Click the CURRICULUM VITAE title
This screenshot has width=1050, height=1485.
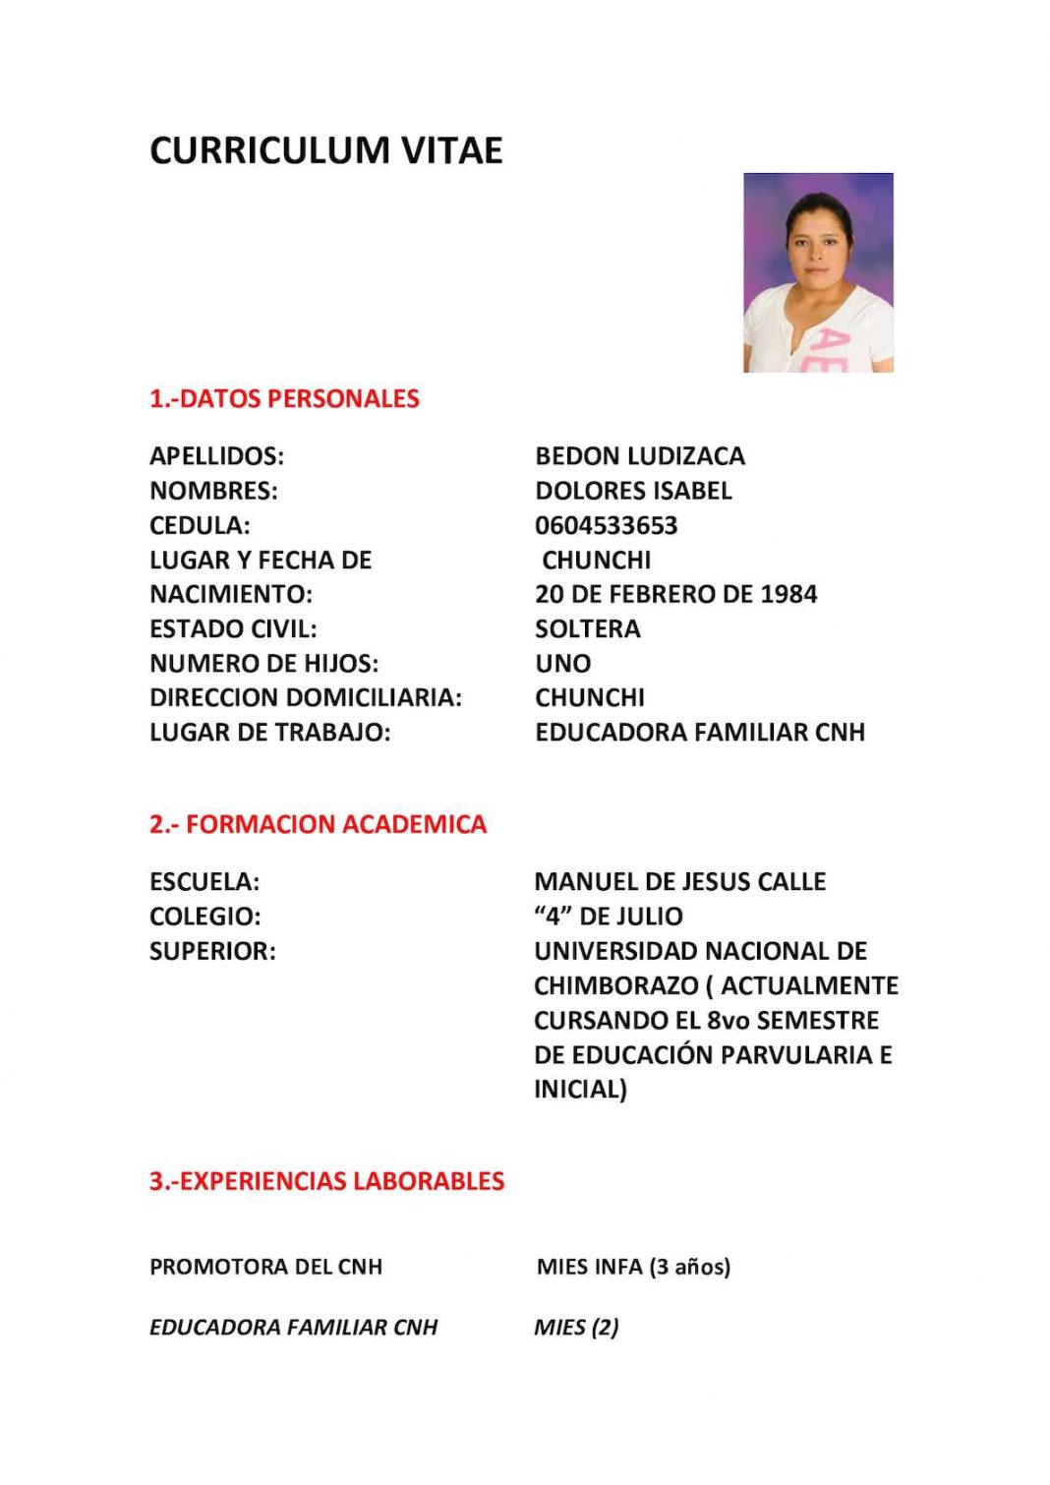(325, 150)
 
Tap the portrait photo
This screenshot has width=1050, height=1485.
(818, 272)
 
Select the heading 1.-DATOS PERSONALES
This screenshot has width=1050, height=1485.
(284, 398)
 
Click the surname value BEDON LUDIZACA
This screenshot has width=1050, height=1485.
(640, 456)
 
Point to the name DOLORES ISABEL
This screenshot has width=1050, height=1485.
(633, 491)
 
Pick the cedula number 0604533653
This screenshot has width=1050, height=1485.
(606, 525)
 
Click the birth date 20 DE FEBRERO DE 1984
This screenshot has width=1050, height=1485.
(675, 594)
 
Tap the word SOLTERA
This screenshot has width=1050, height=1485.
(587, 628)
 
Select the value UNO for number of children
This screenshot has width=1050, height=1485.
(562, 663)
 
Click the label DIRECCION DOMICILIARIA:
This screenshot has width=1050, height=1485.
(305, 697)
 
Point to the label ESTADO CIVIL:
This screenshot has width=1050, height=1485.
(233, 628)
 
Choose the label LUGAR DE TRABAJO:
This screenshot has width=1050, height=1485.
(269, 732)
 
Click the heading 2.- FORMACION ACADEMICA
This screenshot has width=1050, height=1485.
(318, 824)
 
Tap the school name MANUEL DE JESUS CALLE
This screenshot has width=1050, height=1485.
(679, 881)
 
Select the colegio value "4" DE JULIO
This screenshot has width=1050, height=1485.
(608, 916)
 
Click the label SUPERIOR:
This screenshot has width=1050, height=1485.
(212, 951)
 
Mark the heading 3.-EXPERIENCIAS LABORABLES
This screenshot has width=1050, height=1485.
(326, 1181)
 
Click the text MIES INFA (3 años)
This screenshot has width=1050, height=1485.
(633, 1267)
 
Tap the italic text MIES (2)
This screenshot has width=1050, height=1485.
(576, 1327)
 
